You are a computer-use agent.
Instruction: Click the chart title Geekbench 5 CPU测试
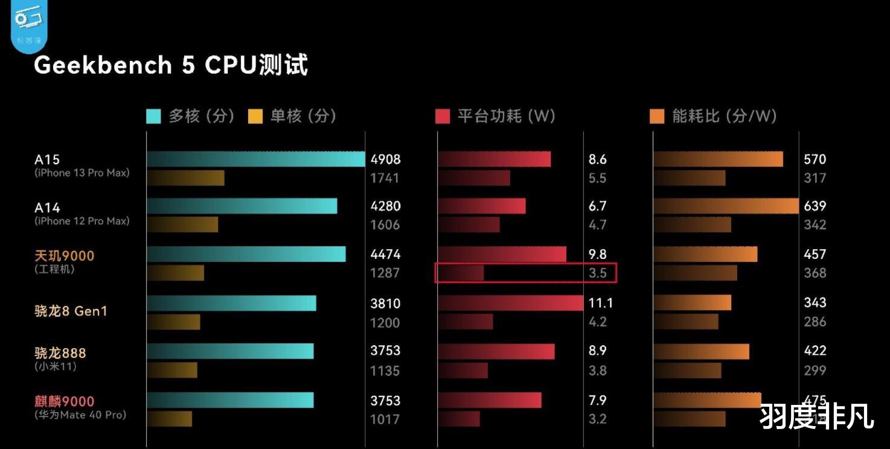171,65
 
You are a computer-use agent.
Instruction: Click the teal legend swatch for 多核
154,116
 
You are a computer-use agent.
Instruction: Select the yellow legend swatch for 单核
255,116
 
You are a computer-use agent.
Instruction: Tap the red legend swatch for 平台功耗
443,116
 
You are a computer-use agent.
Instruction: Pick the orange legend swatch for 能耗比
657,116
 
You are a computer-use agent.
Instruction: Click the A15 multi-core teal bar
255,159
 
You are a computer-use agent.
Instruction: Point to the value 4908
385,160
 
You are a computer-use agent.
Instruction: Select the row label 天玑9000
65,256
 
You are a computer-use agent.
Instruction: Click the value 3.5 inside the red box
597,273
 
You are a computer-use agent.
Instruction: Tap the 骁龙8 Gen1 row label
71,311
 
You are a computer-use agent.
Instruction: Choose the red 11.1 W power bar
510,303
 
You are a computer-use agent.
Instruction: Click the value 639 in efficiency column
815,206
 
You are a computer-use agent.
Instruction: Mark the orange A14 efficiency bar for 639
726,206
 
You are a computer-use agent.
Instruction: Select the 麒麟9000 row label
65,401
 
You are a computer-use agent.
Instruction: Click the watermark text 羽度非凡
816,416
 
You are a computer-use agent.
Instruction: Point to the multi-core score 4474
385,255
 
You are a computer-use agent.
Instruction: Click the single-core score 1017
385,419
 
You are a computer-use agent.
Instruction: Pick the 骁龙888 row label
60,353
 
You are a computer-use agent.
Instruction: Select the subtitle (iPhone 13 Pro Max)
82,173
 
